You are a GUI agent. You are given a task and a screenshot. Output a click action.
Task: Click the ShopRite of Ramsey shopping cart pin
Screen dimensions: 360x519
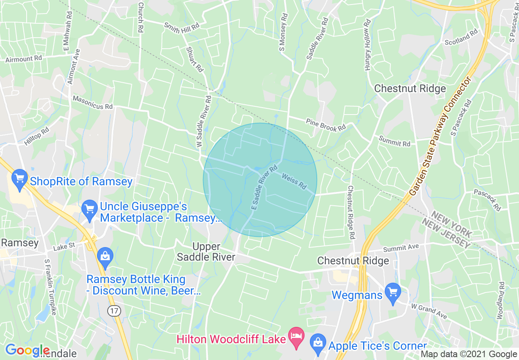point(19,179)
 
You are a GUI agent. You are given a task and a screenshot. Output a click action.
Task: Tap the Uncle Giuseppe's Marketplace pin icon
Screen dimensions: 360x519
point(89,209)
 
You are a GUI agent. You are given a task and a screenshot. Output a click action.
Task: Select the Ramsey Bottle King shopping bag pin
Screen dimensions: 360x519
point(105,256)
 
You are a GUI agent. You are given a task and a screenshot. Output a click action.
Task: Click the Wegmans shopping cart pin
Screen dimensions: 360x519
point(393,293)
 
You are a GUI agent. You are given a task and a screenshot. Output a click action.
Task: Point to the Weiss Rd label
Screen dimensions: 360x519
point(294,180)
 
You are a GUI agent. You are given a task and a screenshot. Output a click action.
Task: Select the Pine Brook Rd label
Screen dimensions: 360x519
point(326,125)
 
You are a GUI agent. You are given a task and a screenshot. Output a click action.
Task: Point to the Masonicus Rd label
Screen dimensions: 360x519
point(93,102)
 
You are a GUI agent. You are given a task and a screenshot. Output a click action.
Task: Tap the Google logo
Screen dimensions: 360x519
point(27,350)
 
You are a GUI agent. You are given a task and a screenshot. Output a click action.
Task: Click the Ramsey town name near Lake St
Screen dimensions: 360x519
point(20,243)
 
